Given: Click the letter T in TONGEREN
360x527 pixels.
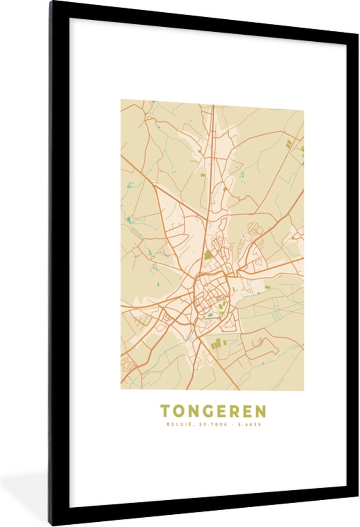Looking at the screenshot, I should pos(165,411).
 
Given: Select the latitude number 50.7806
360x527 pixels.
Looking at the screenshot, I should pos(206,425).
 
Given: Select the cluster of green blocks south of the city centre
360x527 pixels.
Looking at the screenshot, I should pos(218,344).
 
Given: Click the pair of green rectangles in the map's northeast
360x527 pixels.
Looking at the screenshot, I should pos(288,143).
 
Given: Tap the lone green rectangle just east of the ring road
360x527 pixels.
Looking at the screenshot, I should pos(267,288).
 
